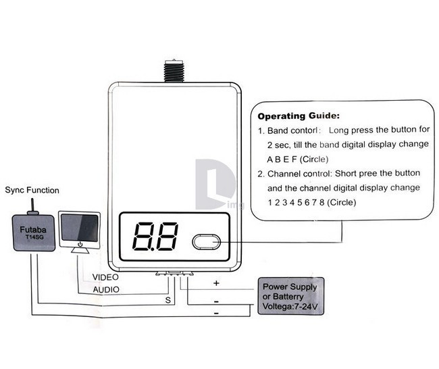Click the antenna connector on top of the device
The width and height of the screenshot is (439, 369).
pyautogui.click(x=173, y=71)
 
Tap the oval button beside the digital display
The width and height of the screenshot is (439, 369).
pyautogui.click(x=206, y=242)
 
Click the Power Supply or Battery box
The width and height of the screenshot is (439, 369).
pyautogui.click(x=291, y=295)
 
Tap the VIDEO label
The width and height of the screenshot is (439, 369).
pyautogui.click(x=105, y=278)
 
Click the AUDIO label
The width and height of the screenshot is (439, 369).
pyautogui.click(x=105, y=290)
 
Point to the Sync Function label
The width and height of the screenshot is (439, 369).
pyautogui.click(x=32, y=191)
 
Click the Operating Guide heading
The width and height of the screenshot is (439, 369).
pyautogui.click(x=299, y=116)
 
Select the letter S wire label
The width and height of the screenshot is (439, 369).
pyautogui.click(x=168, y=299)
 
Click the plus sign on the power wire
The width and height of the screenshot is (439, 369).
pyautogui.click(x=215, y=282)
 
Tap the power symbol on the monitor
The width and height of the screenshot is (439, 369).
pyautogui.click(x=80, y=243)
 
